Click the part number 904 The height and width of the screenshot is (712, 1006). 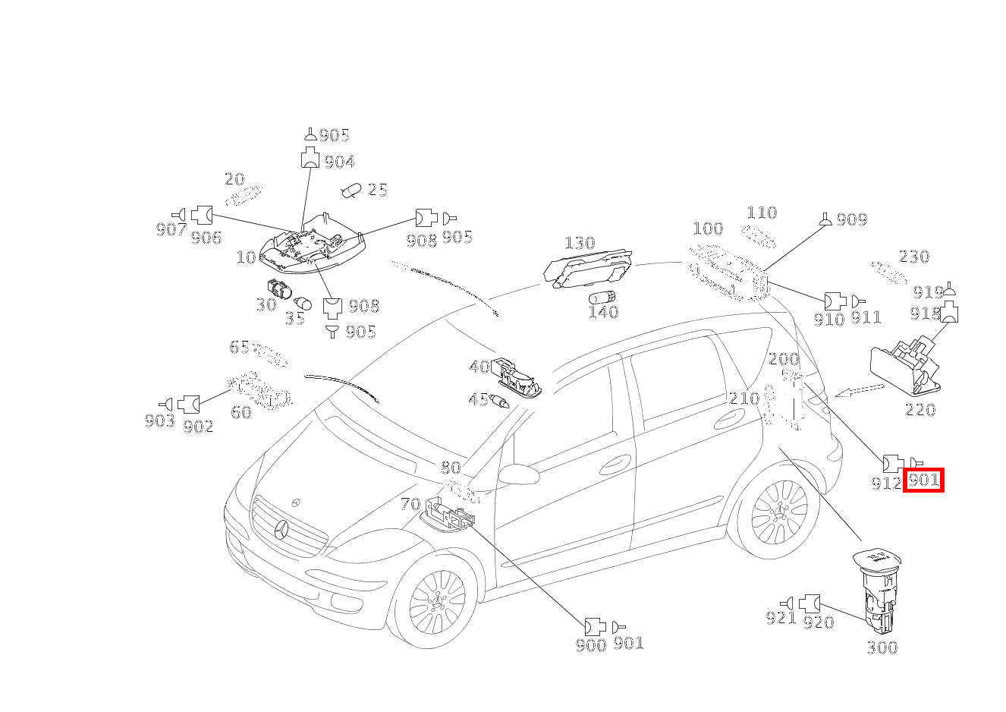tap(339, 162)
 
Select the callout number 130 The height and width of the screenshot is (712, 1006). tap(579, 243)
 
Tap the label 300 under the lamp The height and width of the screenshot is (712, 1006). tap(882, 647)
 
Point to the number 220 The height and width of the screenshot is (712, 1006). tap(920, 410)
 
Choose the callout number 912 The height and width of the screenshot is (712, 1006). tap(886, 482)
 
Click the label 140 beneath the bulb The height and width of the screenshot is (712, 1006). tap(603, 312)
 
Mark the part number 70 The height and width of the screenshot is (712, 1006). tap(410, 504)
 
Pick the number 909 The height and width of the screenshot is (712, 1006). tap(851, 219)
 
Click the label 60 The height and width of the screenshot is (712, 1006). tap(240, 412)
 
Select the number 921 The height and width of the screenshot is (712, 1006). tap(781, 619)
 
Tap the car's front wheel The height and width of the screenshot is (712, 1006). tap(437, 600)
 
